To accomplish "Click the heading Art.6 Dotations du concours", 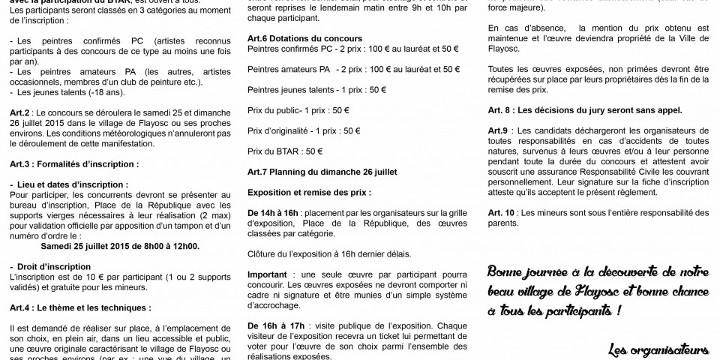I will tap(304, 38).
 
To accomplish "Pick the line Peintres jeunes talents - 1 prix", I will tap(316, 88).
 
